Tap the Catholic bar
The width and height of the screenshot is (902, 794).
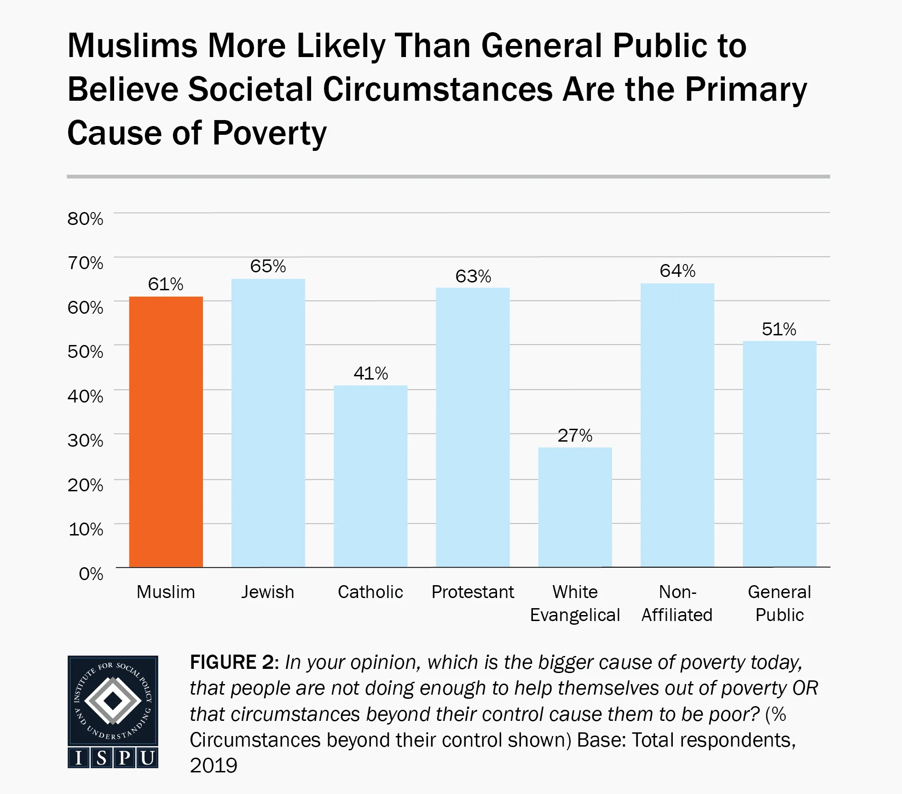370,476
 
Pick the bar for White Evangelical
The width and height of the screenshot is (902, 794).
575,507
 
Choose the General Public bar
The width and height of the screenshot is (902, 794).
779,454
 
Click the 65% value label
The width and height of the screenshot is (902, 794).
268,266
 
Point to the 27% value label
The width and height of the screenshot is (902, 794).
575,435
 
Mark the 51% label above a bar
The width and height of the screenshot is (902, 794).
779,329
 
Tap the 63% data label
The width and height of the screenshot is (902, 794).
473,276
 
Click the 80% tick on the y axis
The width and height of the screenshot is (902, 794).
86,219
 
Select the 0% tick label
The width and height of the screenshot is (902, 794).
91,574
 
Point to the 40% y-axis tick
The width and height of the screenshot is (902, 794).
86,396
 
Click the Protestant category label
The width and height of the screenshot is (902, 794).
473,592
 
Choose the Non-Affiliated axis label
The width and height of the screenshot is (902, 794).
677,603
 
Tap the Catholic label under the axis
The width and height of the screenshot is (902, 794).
370,592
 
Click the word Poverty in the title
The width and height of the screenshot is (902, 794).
269,133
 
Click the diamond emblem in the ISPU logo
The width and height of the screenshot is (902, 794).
113,701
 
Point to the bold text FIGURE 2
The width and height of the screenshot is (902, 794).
232,662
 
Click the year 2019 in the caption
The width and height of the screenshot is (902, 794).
214,765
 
